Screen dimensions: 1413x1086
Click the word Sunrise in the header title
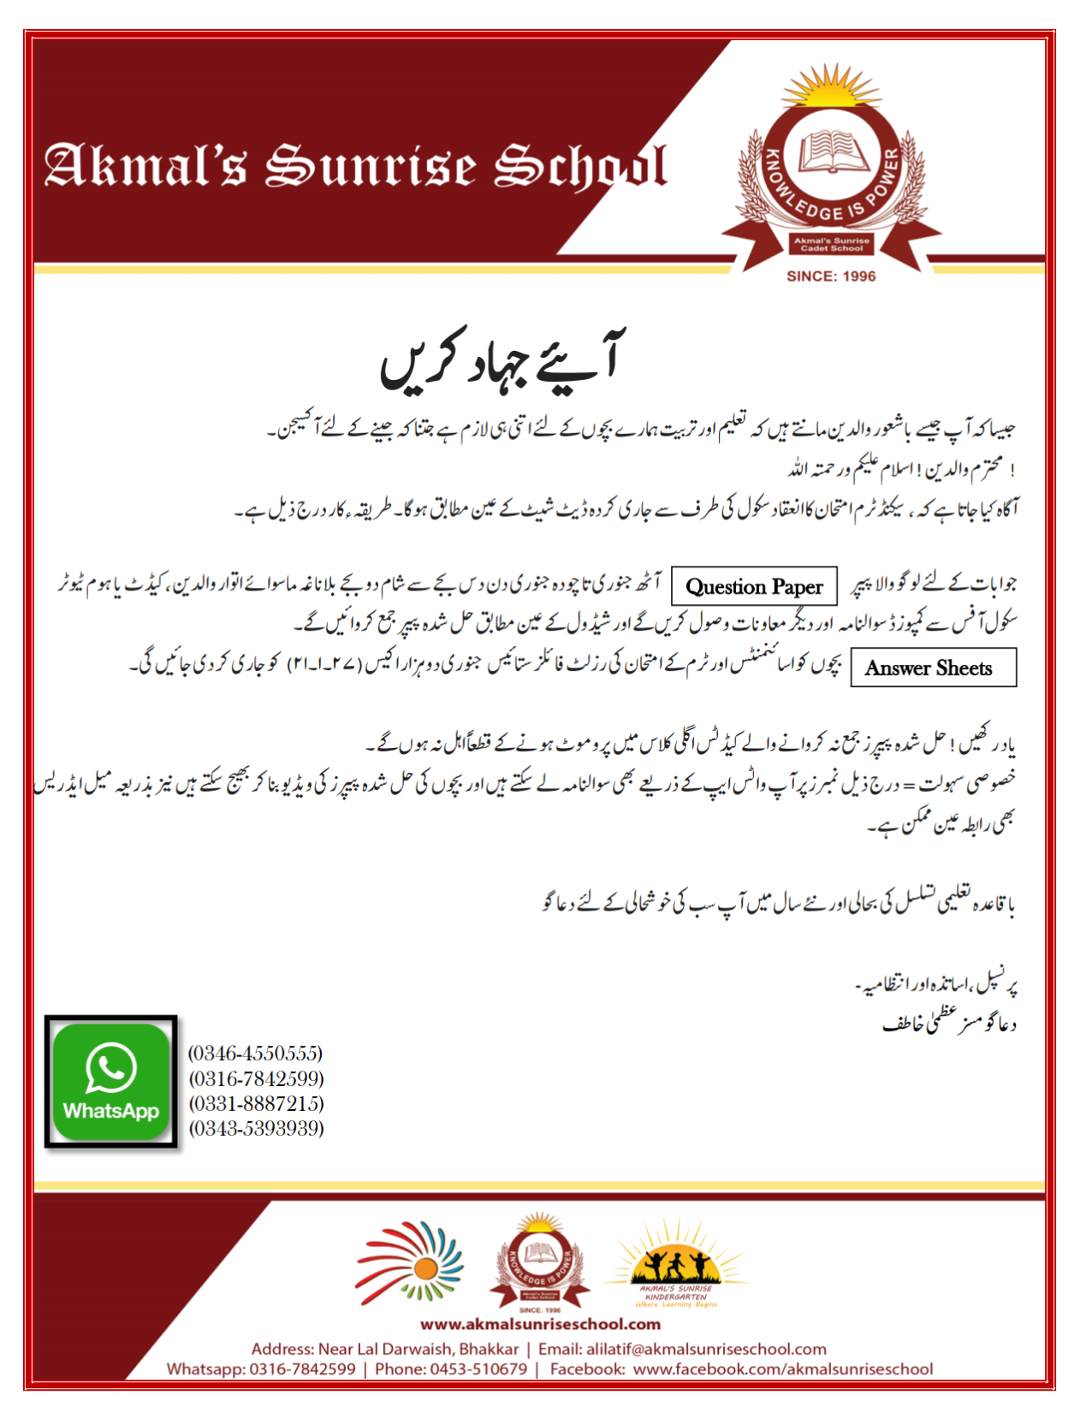370,165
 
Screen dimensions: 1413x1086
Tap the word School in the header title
580,167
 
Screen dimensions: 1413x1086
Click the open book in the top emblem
833,153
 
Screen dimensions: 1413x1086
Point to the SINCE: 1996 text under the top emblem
831,276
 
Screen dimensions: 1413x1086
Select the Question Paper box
754,587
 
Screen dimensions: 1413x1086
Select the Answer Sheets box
933,668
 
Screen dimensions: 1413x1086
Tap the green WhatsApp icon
111,1082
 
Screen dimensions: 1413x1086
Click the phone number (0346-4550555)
256,1054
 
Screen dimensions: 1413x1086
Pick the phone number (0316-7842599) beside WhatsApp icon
256,1078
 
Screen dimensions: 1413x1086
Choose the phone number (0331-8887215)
256,1103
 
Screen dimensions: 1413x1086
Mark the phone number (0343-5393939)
256,1128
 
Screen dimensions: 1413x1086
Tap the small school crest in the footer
539,1262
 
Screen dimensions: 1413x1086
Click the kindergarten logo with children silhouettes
676,1265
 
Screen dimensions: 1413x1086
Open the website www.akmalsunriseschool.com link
541,1324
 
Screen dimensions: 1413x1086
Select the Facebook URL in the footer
783,1369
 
